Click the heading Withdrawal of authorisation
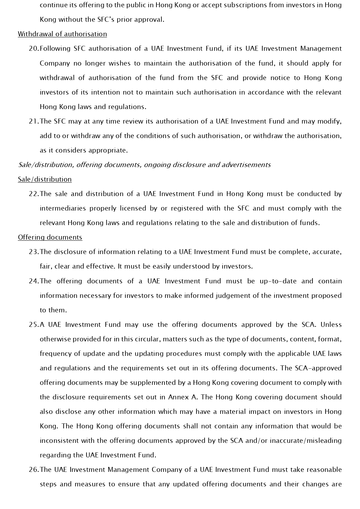[x=62, y=34]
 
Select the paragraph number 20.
[x=34, y=49]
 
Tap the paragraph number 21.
[x=34, y=121]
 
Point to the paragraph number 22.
[x=34, y=194]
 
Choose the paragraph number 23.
[x=34, y=252]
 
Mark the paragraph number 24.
[x=34, y=281]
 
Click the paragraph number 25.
[x=34, y=325]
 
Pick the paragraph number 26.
[x=34, y=470]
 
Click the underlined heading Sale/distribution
[x=45, y=179]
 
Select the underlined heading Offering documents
[x=50, y=237]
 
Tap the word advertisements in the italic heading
[x=246, y=165]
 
